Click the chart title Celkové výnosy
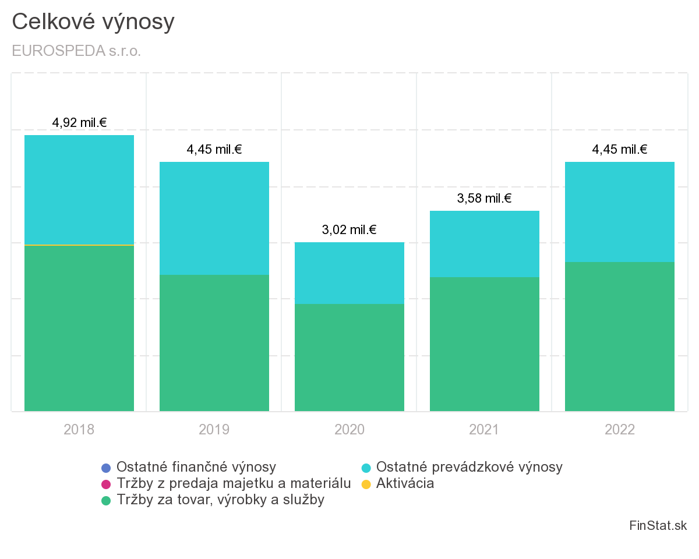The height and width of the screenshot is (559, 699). coord(93,22)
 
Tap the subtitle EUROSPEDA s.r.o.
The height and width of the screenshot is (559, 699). coord(76,51)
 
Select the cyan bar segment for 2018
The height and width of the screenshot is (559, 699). coord(79,189)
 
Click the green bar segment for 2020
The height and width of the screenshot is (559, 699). coord(349,357)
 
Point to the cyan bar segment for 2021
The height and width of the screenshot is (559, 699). coord(485,243)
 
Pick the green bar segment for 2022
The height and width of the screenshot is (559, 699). coord(620,336)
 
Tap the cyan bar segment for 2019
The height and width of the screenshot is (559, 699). coord(214,218)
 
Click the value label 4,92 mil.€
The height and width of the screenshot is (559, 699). coord(79,123)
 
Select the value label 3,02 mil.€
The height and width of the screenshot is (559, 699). coord(349,230)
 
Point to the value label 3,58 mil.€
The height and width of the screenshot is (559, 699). coord(485,199)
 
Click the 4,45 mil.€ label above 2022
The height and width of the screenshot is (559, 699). coord(620,150)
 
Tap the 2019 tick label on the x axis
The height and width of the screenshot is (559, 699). coord(214,430)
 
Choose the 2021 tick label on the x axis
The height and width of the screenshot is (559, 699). coord(485,430)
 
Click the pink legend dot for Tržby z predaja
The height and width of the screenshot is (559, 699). coord(105,484)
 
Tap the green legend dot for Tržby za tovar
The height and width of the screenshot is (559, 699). coord(105,500)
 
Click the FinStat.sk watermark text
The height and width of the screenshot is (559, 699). coord(658,526)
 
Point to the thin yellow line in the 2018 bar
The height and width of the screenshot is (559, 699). coord(79,245)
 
